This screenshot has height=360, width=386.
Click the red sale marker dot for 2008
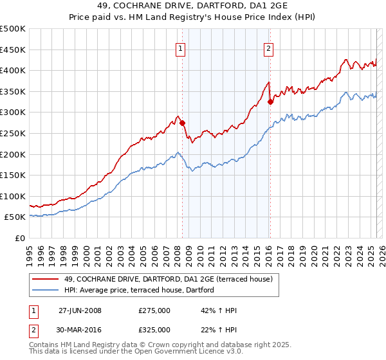(182, 123)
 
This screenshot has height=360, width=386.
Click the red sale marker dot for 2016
(270, 102)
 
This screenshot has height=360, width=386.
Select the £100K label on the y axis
(13, 196)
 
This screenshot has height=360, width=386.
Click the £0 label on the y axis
(20, 239)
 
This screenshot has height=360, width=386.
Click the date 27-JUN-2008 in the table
(80, 310)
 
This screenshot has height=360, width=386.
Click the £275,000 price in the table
(154, 310)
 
